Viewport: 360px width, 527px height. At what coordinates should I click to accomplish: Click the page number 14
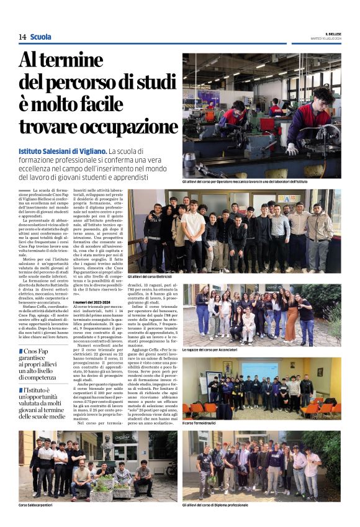22,37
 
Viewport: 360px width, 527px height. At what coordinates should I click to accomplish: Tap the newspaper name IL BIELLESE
332,34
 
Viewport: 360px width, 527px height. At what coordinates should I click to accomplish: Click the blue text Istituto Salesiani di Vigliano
62,151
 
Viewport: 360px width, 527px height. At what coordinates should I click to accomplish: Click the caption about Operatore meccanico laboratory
245,181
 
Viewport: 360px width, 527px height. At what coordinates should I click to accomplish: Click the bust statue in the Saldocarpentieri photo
107,447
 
